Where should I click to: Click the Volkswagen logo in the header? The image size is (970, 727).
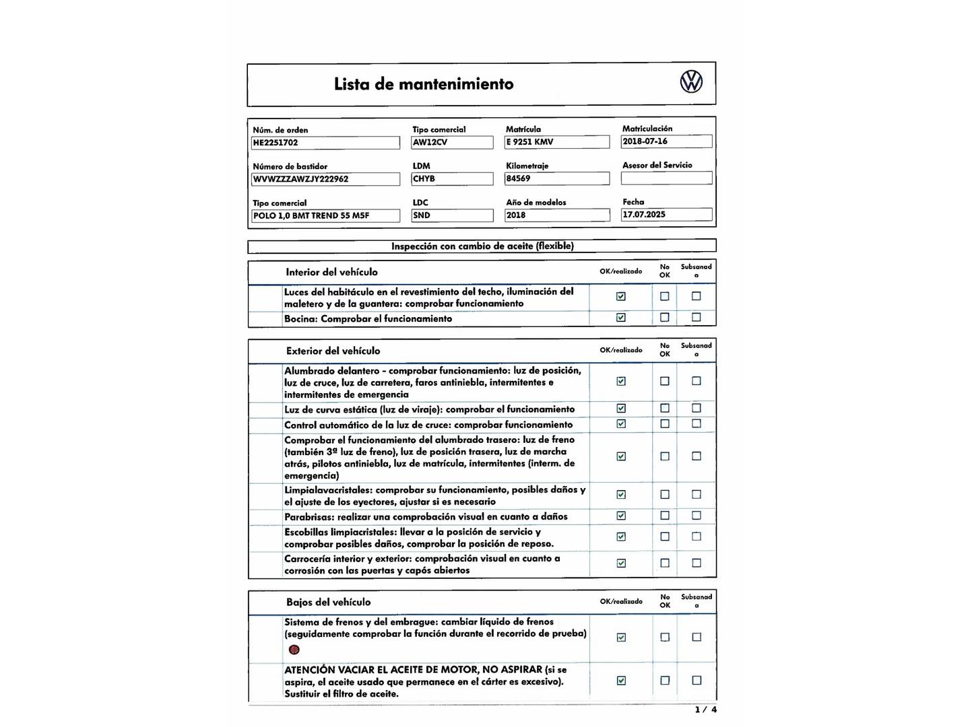pos(691,82)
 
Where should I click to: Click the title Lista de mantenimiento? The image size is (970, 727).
pos(424,84)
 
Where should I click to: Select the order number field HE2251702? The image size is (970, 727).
pos(325,143)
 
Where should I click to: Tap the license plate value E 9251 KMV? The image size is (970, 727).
pos(557,142)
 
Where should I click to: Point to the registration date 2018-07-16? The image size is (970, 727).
pos(666,141)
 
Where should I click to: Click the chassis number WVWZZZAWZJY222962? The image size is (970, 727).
pos(325,179)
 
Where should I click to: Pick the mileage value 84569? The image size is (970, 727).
pos(557,178)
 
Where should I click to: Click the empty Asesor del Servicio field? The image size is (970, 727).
pos(666,178)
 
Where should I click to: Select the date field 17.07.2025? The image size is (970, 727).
pos(666,215)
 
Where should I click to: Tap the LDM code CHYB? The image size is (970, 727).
pos(452,179)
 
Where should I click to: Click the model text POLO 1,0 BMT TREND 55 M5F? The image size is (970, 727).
pos(325,215)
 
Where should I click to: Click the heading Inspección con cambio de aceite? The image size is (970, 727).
pos(482,246)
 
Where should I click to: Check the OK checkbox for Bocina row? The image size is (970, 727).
pos(621,318)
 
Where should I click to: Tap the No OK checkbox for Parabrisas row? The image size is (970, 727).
pos(665,516)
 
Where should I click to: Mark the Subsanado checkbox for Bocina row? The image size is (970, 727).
pos(697,317)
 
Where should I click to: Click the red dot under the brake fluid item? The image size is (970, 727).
pos(294,650)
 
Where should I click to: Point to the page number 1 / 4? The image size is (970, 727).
pos(706,709)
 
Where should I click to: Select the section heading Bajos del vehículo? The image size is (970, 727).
pos(328,602)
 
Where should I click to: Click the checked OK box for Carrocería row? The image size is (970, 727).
pos(621,563)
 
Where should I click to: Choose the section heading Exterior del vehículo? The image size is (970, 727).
pos(333,351)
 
